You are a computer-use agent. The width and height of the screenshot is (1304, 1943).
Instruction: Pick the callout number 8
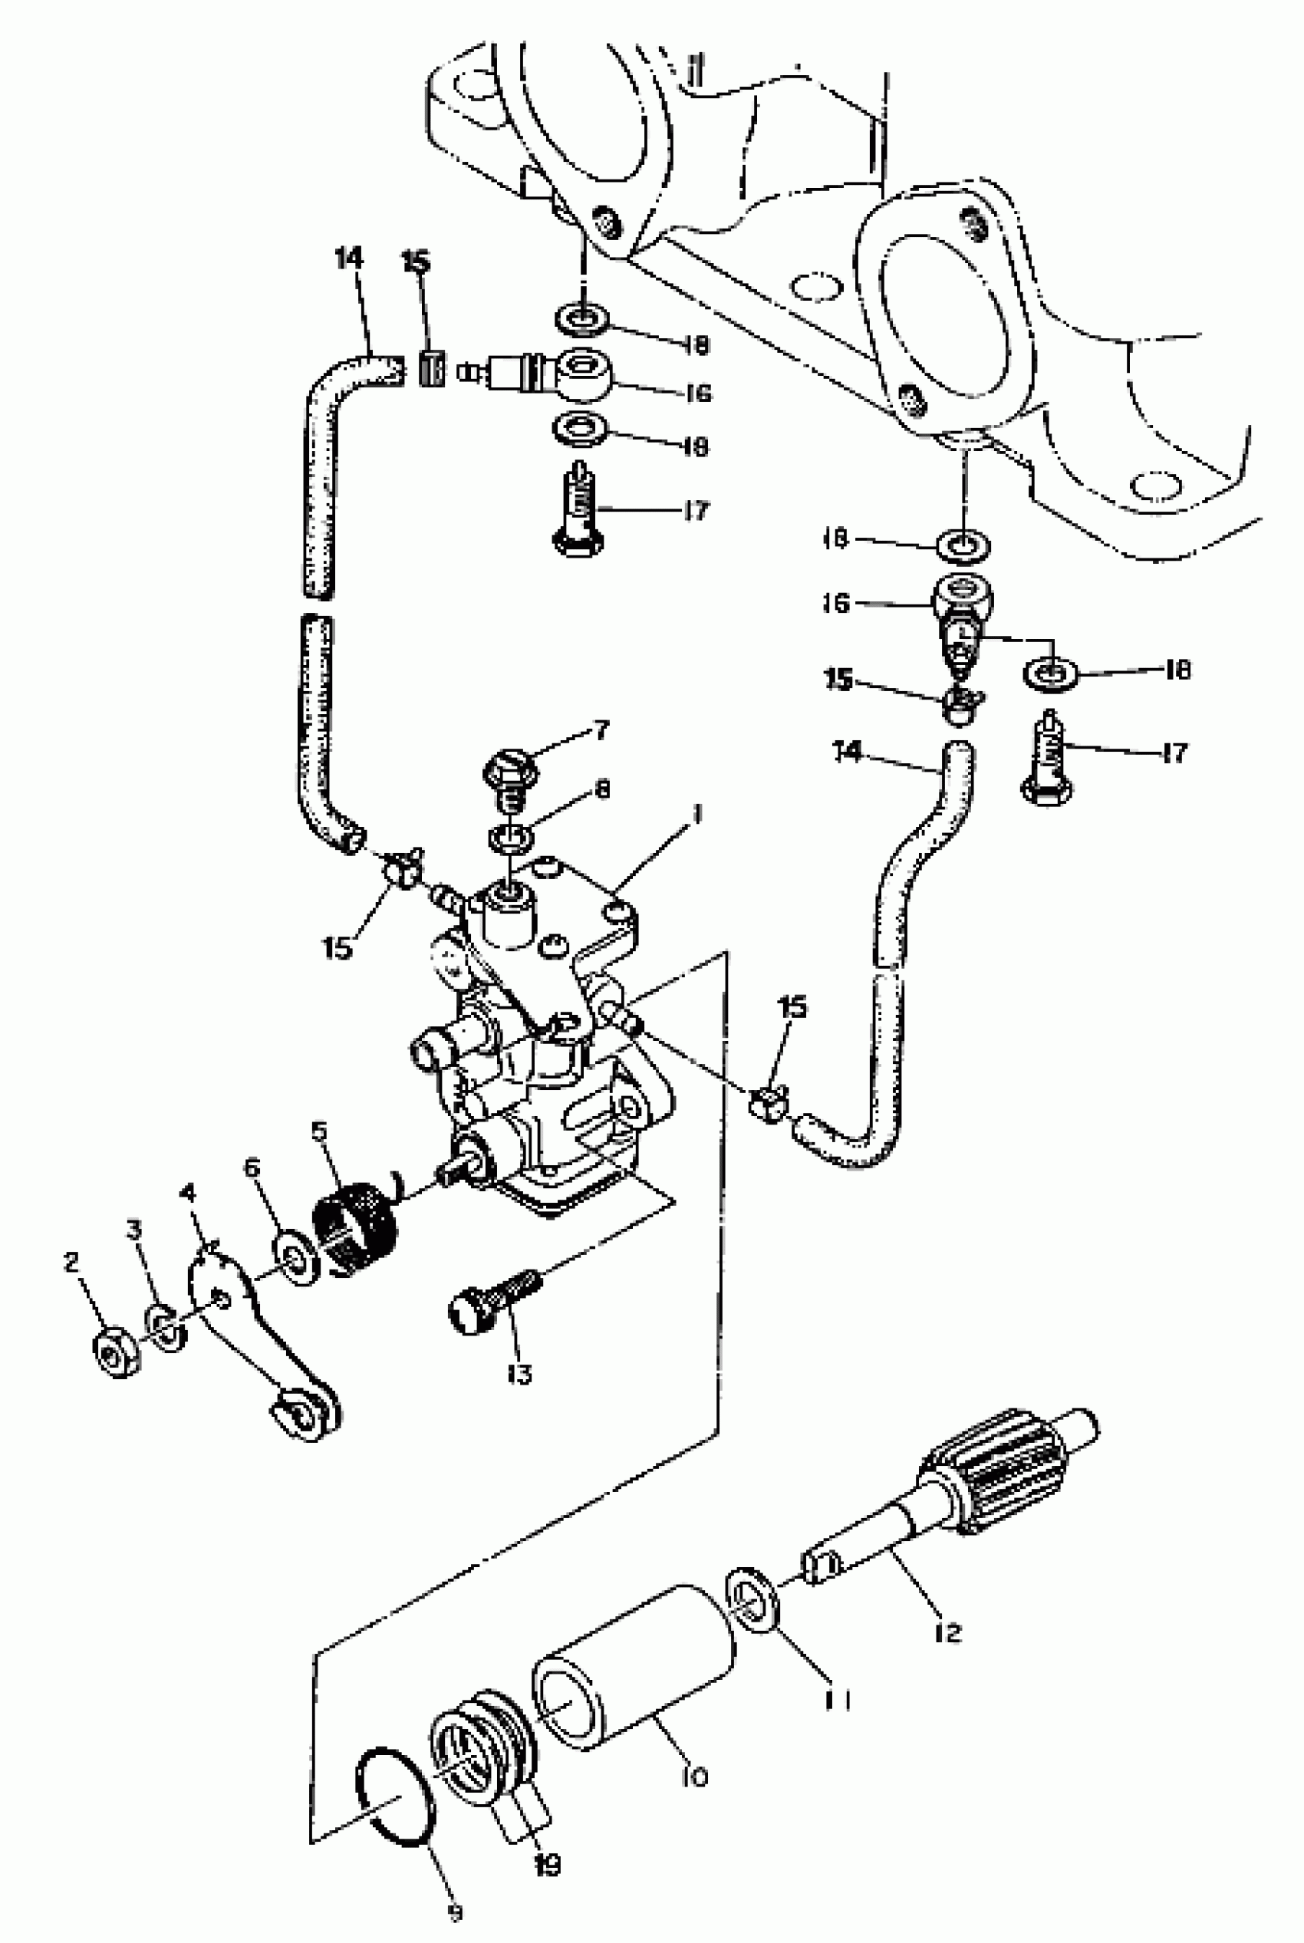click(602, 789)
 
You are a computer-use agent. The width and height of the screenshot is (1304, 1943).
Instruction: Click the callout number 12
click(947, 1632)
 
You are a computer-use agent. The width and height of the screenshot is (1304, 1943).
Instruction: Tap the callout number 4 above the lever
click(189, 1194)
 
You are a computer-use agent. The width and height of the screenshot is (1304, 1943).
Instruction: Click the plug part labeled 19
click(482, 1743)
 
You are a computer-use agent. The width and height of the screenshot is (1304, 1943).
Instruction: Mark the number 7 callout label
click(601, 730)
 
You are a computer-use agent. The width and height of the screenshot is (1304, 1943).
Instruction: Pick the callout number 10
click(693, 1777)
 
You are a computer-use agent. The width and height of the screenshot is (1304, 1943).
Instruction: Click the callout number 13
click(519, 1375)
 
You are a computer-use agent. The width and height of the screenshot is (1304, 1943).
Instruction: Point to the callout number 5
click(319, 1131)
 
